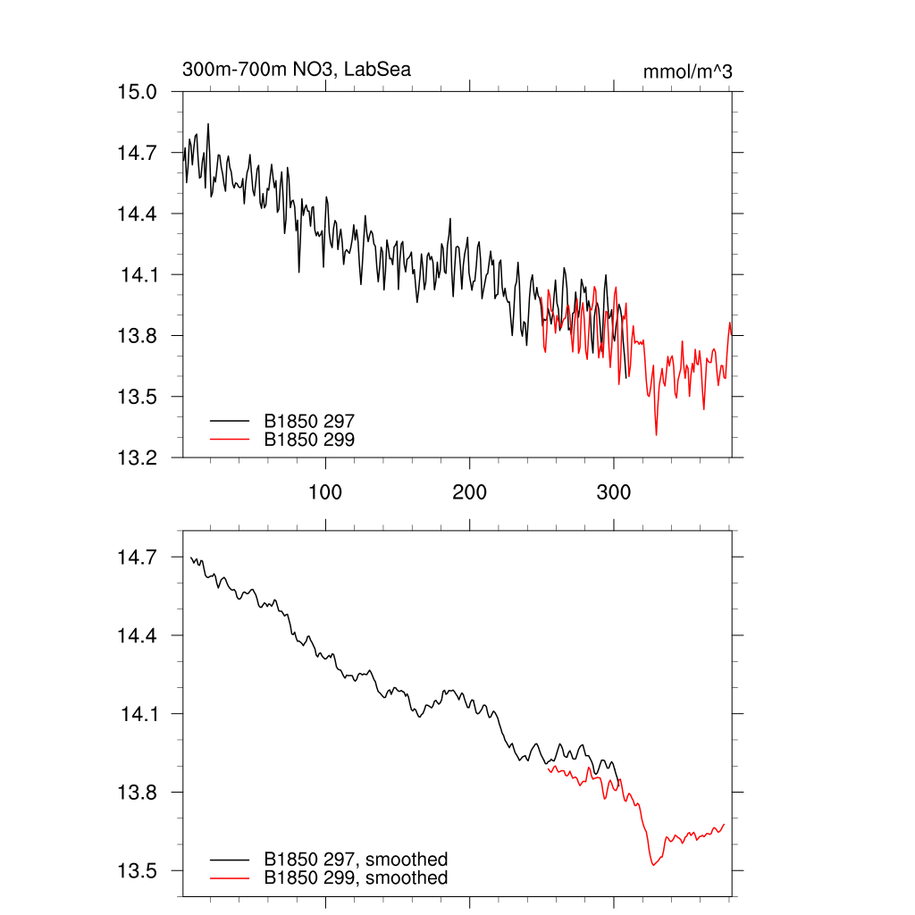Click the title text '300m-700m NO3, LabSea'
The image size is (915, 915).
pos(296,69)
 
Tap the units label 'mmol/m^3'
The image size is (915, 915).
pos(687,71)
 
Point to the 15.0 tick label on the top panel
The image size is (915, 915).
pos(138,92)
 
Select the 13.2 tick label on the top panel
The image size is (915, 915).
pos(138,457)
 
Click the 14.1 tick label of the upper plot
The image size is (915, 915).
pos(139,274)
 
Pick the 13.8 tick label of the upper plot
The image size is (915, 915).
pos(138,336)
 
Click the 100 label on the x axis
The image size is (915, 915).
pos(325,492)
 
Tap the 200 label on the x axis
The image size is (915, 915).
pos(469,492)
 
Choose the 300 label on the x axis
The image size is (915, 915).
pos(613,492)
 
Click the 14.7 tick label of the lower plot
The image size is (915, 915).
pos(138,558)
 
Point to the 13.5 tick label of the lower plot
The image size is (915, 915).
pos(138,871)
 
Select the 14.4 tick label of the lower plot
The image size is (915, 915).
pos(138,636)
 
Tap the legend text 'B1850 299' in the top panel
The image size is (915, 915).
pos(309,439)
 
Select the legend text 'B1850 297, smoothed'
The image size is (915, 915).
pos(356,860)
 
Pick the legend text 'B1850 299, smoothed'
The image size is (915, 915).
pos(356,878)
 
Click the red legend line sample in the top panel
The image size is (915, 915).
pos(229,439)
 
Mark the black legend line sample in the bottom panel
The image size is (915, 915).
pos(229,860)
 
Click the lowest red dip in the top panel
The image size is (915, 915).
pos(657,434)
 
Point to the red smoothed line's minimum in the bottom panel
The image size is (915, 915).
pos(653,865)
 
